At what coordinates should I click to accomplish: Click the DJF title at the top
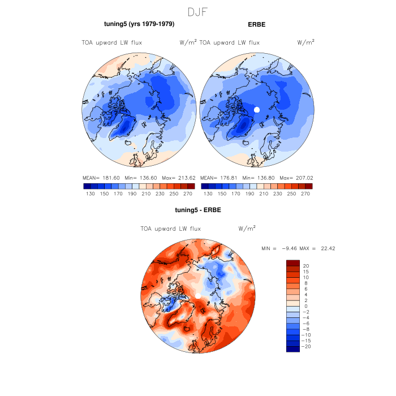(x=198, y=11)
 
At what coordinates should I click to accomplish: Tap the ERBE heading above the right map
(x=256, y=24)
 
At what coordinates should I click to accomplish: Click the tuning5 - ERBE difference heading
(x=197, y=210)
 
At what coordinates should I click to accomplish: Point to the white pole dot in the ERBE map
(x=256, y=110)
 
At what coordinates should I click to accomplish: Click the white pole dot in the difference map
(x=198, y=296)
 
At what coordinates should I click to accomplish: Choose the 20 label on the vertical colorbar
(x=306, y=266)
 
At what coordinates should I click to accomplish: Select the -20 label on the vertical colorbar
(x=308, y=346)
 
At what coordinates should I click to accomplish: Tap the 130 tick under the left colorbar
(x=91, y=193)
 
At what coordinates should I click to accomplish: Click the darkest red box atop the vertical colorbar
(x=292, y=263)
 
